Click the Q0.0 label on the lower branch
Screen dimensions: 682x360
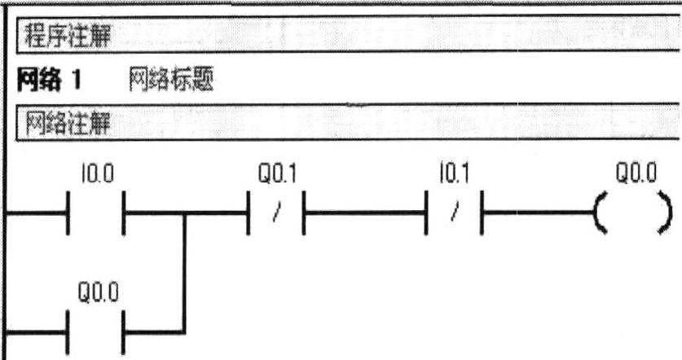(x=99, y=292)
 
